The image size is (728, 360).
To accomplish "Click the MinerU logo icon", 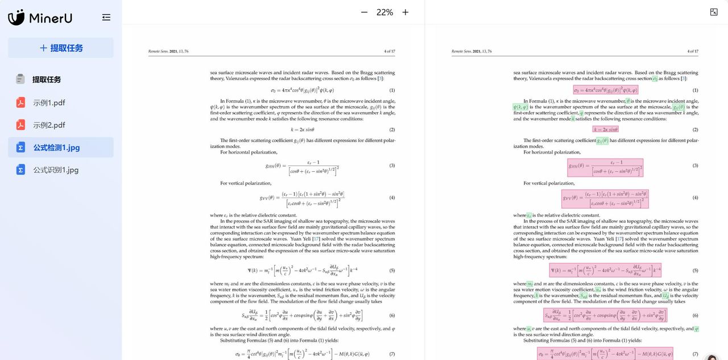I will click(x=16, y=18).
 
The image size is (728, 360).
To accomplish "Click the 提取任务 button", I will click(x=61, y=48).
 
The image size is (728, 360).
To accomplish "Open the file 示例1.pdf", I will click(x=49, y=103).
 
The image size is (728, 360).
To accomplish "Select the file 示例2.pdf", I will click(x=49, y=125).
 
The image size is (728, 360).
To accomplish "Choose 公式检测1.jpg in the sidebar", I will click(x=56, y=148).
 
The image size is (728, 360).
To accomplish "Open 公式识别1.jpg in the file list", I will click(x=56, y=170).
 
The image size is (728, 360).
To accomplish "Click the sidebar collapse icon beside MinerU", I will click(x=106, y=18).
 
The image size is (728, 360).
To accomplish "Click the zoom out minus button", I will click(x=364, y=12).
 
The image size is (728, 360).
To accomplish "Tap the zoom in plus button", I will click(x=406, y=12).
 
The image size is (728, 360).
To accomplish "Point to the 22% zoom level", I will click(x=384, y=12).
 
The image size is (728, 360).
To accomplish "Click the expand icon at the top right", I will click(x=714, y=12).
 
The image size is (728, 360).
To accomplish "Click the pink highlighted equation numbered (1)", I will click(x=606, y=90).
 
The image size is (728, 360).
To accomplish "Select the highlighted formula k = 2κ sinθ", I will click(x=606, y=130).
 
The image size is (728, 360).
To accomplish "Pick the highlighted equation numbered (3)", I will click(x=605, y=167).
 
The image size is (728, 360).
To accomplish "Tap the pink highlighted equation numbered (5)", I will click(x=605, y=270).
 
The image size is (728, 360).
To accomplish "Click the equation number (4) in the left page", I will click(x=392, y=197).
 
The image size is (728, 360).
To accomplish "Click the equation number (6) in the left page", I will click(x=392, y=316).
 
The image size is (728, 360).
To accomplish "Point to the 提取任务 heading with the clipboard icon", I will click(x=46, y=80).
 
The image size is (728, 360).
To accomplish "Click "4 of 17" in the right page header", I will click(x=693, y=51).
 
